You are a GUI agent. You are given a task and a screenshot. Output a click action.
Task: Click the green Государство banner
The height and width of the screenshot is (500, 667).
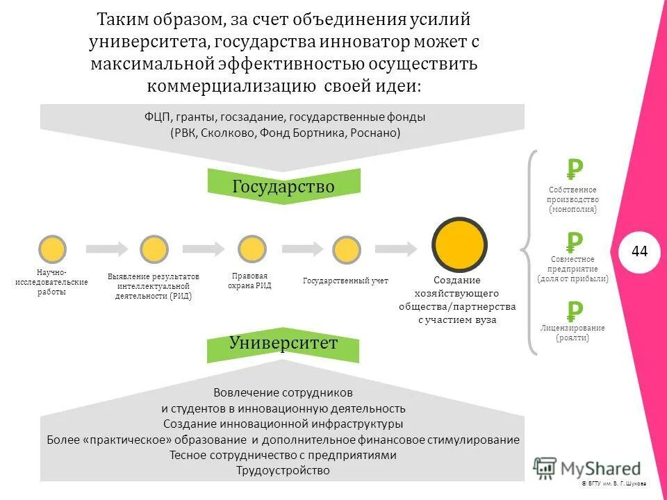coord(284,186)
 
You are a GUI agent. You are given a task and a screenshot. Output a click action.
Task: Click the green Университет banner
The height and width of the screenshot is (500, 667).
coord(284,343)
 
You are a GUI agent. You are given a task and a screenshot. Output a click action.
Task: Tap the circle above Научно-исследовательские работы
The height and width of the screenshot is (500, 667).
coord(52,249)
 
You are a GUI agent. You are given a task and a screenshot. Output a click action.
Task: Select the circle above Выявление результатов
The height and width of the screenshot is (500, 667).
coord(154,249)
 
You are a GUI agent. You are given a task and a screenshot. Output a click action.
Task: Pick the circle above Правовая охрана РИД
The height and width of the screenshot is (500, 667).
coord(252,249)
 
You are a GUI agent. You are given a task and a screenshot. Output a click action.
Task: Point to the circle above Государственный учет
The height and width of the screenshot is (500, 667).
coord(346,249)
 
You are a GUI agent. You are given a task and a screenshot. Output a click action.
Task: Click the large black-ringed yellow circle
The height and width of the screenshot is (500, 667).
coord(459,244)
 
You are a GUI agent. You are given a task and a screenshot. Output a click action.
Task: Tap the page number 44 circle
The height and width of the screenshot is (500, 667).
coord(639,251)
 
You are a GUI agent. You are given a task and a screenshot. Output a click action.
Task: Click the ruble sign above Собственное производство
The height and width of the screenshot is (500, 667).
coord(575,169)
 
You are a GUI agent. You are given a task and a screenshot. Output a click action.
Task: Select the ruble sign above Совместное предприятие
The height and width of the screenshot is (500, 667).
coord(574,242)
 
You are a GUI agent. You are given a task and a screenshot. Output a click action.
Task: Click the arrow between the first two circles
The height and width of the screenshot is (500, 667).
coord(107,248)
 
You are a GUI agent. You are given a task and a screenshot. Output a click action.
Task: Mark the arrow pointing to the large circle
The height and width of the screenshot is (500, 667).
coord(397,248)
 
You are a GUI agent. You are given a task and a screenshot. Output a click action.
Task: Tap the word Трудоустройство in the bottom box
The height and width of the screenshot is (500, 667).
coord(283,471)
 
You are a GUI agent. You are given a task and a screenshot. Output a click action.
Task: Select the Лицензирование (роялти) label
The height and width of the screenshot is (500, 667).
coord(573,333)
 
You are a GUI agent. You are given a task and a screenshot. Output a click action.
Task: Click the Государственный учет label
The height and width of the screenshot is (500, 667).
coord(345,281)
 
